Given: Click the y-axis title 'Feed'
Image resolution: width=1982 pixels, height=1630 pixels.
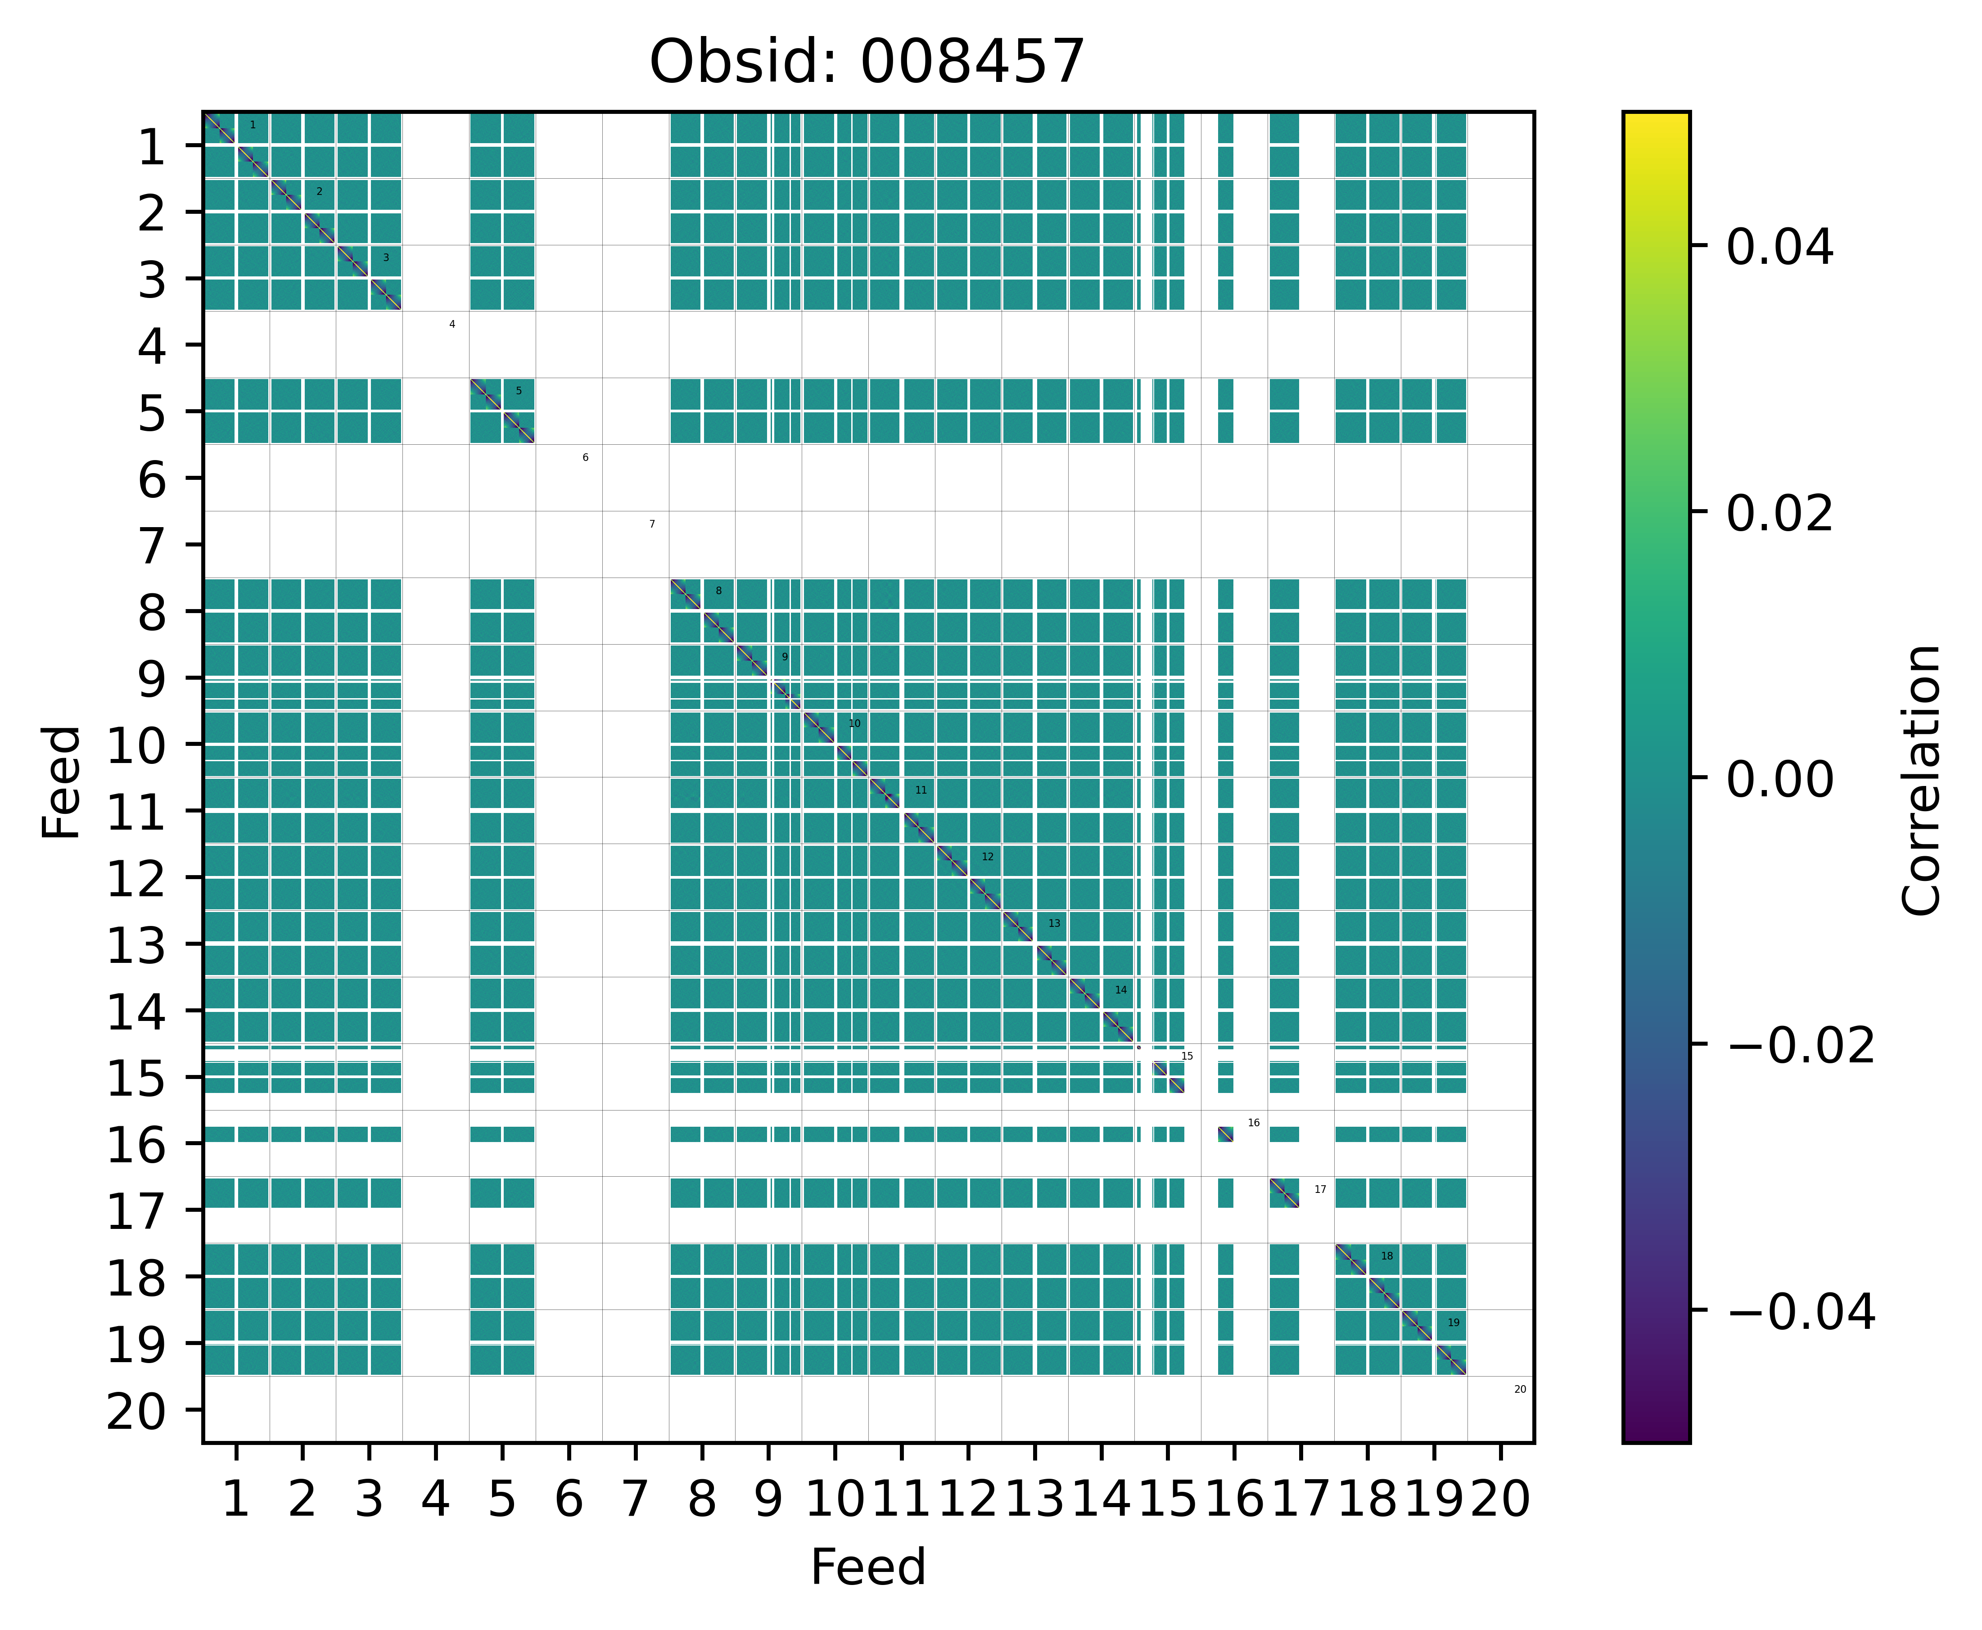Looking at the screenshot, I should pos(62,781).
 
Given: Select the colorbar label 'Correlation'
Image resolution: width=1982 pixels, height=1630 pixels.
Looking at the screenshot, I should pos(1921,779).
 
